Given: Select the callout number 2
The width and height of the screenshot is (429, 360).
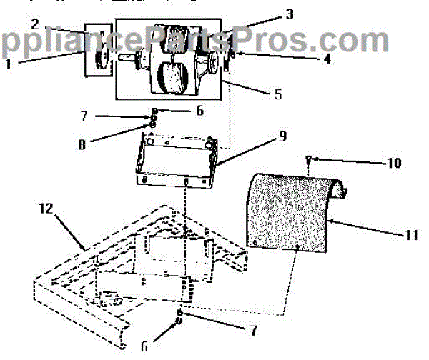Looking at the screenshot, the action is tap(34, 24).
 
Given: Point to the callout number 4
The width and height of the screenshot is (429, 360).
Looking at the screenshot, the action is tap(327, 60).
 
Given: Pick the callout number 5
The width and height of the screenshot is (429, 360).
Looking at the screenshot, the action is tap(277, 94).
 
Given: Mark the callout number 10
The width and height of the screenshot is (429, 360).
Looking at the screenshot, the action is tap(393, 163).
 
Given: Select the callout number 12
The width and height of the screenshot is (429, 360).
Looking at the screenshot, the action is tap(46, 209).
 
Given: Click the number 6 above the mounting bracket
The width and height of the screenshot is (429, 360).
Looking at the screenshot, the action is tap(199, 111).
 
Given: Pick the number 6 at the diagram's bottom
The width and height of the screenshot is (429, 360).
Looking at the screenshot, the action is tap(144, 346).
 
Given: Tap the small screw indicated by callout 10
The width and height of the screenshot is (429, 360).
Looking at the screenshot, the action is tap(307, 159).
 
